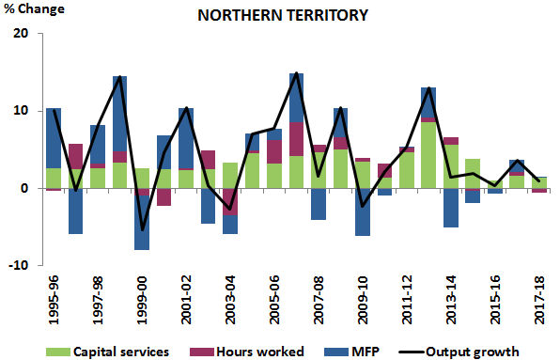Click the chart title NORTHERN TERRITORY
280,17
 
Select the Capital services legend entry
114,352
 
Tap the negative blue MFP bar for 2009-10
363,212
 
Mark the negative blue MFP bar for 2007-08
319,204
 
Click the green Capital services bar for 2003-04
230,175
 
